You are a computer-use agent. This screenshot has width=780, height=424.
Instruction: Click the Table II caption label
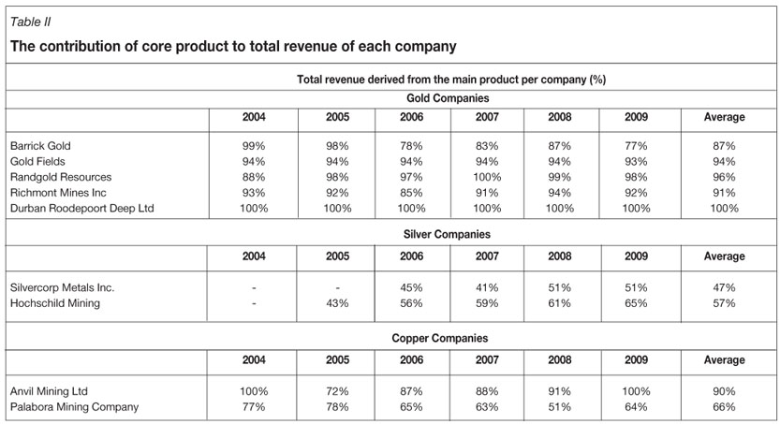[30, 22]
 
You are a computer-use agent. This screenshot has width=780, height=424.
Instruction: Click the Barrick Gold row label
[40, 146]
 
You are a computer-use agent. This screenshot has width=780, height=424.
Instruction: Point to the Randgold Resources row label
[61, 177]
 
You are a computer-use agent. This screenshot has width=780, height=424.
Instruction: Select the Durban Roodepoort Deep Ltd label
[81, 208]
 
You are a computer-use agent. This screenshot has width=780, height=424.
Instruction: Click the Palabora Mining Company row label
[74, 407]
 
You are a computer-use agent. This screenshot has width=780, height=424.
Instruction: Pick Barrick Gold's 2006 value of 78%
[412, 146]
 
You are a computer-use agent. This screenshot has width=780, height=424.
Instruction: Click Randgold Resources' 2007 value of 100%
[487, 177]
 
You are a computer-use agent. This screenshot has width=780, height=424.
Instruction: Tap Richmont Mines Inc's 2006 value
[412, 193]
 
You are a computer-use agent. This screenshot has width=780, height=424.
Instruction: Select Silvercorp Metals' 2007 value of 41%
[487, 288]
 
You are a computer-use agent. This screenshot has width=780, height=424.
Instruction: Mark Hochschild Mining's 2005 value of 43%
[337, 303]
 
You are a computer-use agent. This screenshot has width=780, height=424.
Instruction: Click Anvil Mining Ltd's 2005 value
[337, 391]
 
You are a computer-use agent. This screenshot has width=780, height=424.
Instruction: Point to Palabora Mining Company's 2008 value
[560, 407]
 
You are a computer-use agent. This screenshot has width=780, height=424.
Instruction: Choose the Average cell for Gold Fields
[724, 162]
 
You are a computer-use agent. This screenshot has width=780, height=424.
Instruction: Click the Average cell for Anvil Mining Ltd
[724, 391]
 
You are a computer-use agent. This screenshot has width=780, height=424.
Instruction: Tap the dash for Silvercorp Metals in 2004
[254, 288]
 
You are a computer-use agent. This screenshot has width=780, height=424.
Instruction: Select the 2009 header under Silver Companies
[636, 256]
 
